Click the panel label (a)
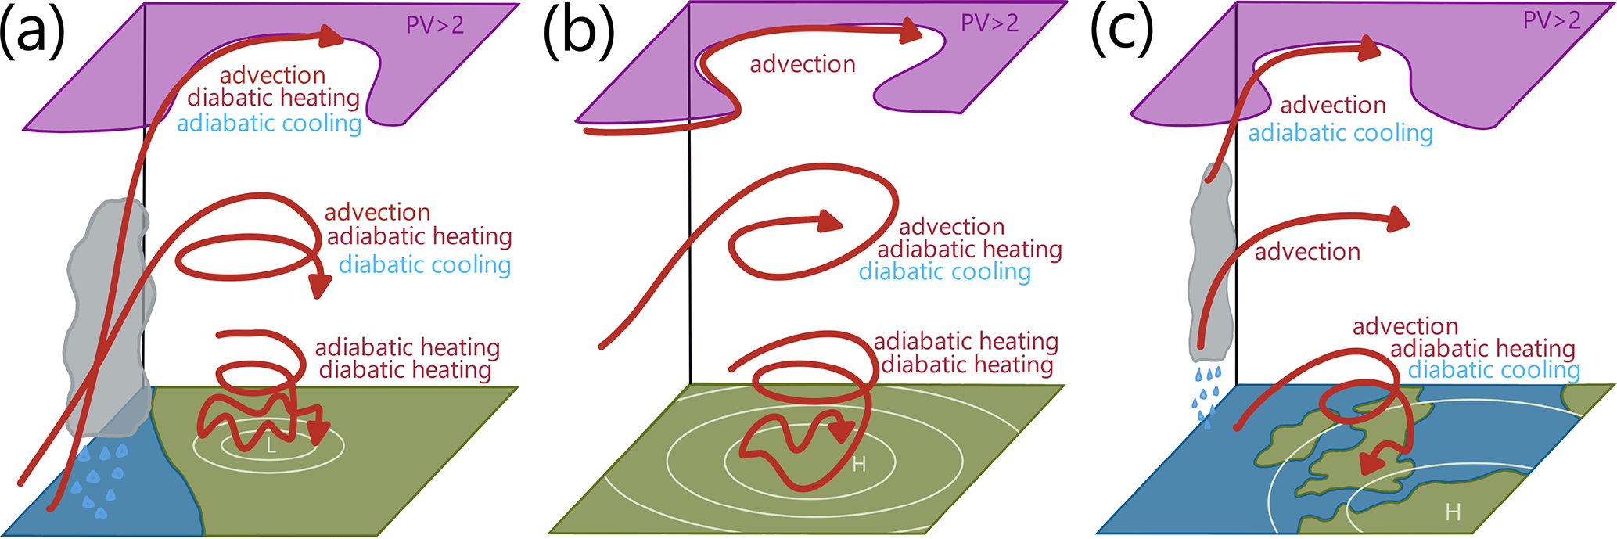click(32, 33)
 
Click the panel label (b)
click(579, 33)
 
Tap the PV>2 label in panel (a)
click(434, 25)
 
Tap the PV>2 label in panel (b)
click(990, 23)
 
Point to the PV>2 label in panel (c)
click(1551, 20)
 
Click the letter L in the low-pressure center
click(271, 447)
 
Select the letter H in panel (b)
click(859, 465)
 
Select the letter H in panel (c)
click(1453, 512)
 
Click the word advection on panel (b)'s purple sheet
click(803, 64)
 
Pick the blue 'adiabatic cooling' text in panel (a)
click(269, 124)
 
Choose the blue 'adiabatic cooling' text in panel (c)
click(1340, 133)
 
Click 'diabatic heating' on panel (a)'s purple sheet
click(273, 98)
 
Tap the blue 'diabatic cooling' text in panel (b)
click(944, 271)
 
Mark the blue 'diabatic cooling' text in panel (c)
click(1494, 369)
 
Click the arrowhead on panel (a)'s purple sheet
click(332, 36)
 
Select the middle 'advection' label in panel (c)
click(1307, 251)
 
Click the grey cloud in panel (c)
click(1209, 258)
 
